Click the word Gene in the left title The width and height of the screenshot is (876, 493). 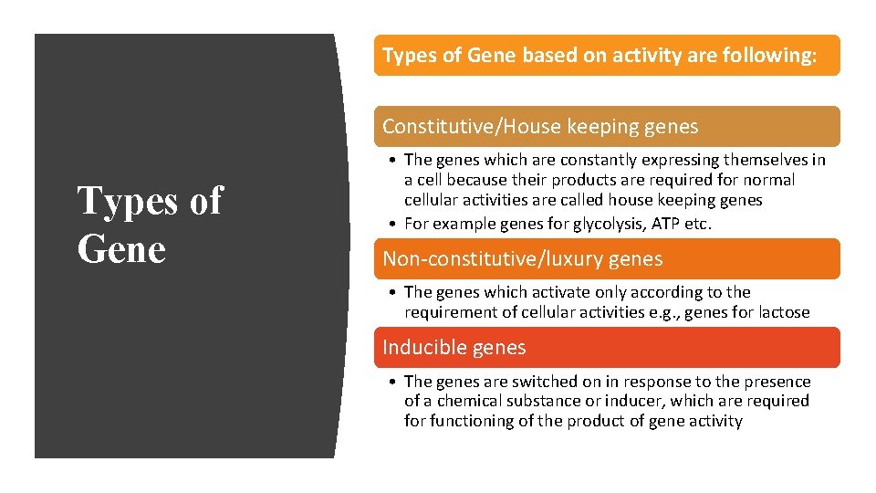coord(121,248)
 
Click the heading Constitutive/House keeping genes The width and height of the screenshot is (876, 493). coord(540,127)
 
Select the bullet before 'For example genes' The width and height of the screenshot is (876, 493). coord(390,224)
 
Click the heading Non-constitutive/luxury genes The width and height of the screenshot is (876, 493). coord(522,259)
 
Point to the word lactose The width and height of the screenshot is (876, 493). coord(779,312)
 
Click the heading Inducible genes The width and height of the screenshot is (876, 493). coord(454,348)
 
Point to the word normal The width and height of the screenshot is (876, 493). coord(768,180)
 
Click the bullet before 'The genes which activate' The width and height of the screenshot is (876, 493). coord(390,292)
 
